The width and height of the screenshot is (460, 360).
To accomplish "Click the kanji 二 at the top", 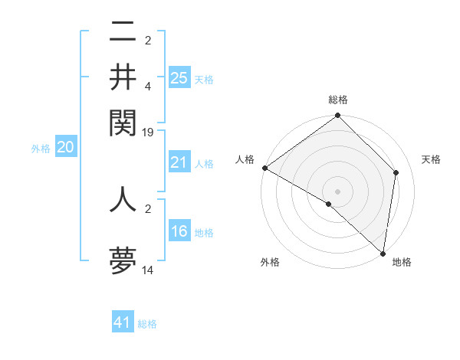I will pos(123,32).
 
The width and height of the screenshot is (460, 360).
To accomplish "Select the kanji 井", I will pos(123,77).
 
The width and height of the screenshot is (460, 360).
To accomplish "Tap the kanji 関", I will pos(123,121).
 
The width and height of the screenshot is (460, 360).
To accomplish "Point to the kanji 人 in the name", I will pos(123,199).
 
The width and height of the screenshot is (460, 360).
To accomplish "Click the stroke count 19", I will pos(148,132).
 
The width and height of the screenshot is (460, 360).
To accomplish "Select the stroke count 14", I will pos(148,270).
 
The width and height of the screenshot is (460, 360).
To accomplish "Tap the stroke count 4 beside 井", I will pos(148,87).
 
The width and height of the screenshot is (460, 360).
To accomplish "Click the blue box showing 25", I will pos(179,78).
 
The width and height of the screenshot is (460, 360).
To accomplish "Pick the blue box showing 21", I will pos(179,162).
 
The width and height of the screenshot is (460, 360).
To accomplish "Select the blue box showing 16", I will pos(179,231).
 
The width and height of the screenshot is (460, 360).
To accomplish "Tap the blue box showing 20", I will pos(65,149).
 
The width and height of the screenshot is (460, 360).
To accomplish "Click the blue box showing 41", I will pos(123,322).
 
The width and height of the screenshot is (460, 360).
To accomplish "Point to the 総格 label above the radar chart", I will pos(338,100).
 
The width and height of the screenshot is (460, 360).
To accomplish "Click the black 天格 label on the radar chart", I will pos(432,159).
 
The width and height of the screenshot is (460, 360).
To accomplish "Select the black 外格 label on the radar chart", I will pos(270,262).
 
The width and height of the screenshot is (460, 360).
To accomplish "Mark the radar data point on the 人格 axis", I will pos(264,168).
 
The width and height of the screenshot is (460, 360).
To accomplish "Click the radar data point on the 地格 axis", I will pos(383,253).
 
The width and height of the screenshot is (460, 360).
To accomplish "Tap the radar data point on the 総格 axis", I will pos(338,116).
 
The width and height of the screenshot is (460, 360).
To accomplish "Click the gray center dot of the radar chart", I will pos(338,191).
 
